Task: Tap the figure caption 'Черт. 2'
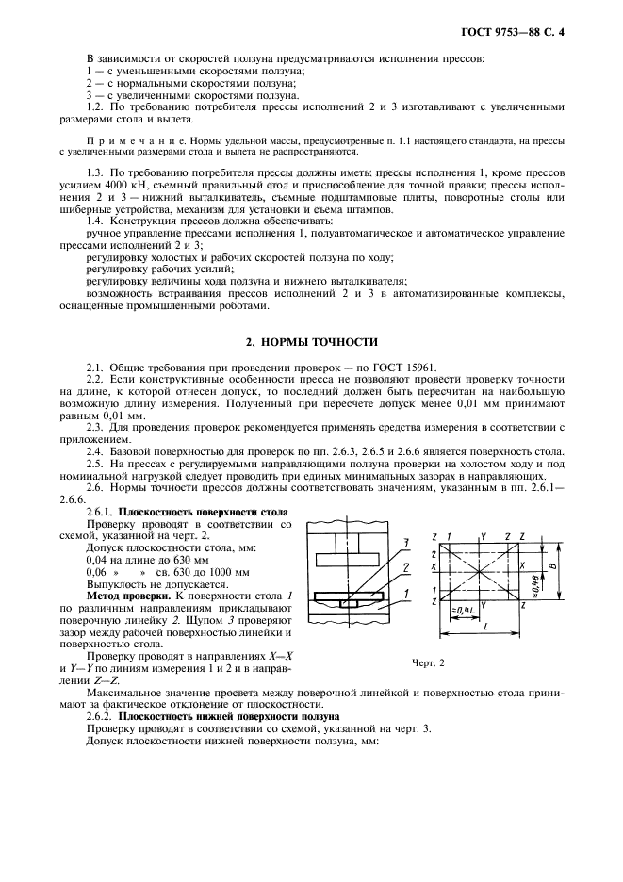pos(427,662)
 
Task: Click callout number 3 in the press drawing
pos(404,544)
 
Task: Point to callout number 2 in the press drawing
pos(404,567)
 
